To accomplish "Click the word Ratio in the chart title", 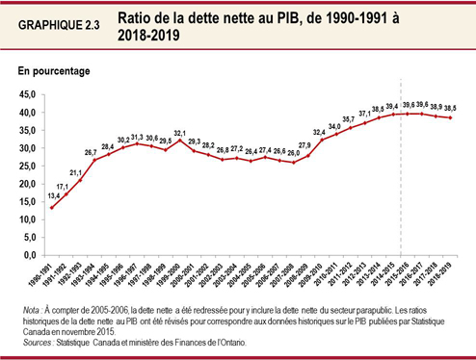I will (138, 18).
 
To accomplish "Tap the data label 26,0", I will (294, 152).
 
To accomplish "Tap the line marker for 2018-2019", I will (451, 117).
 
